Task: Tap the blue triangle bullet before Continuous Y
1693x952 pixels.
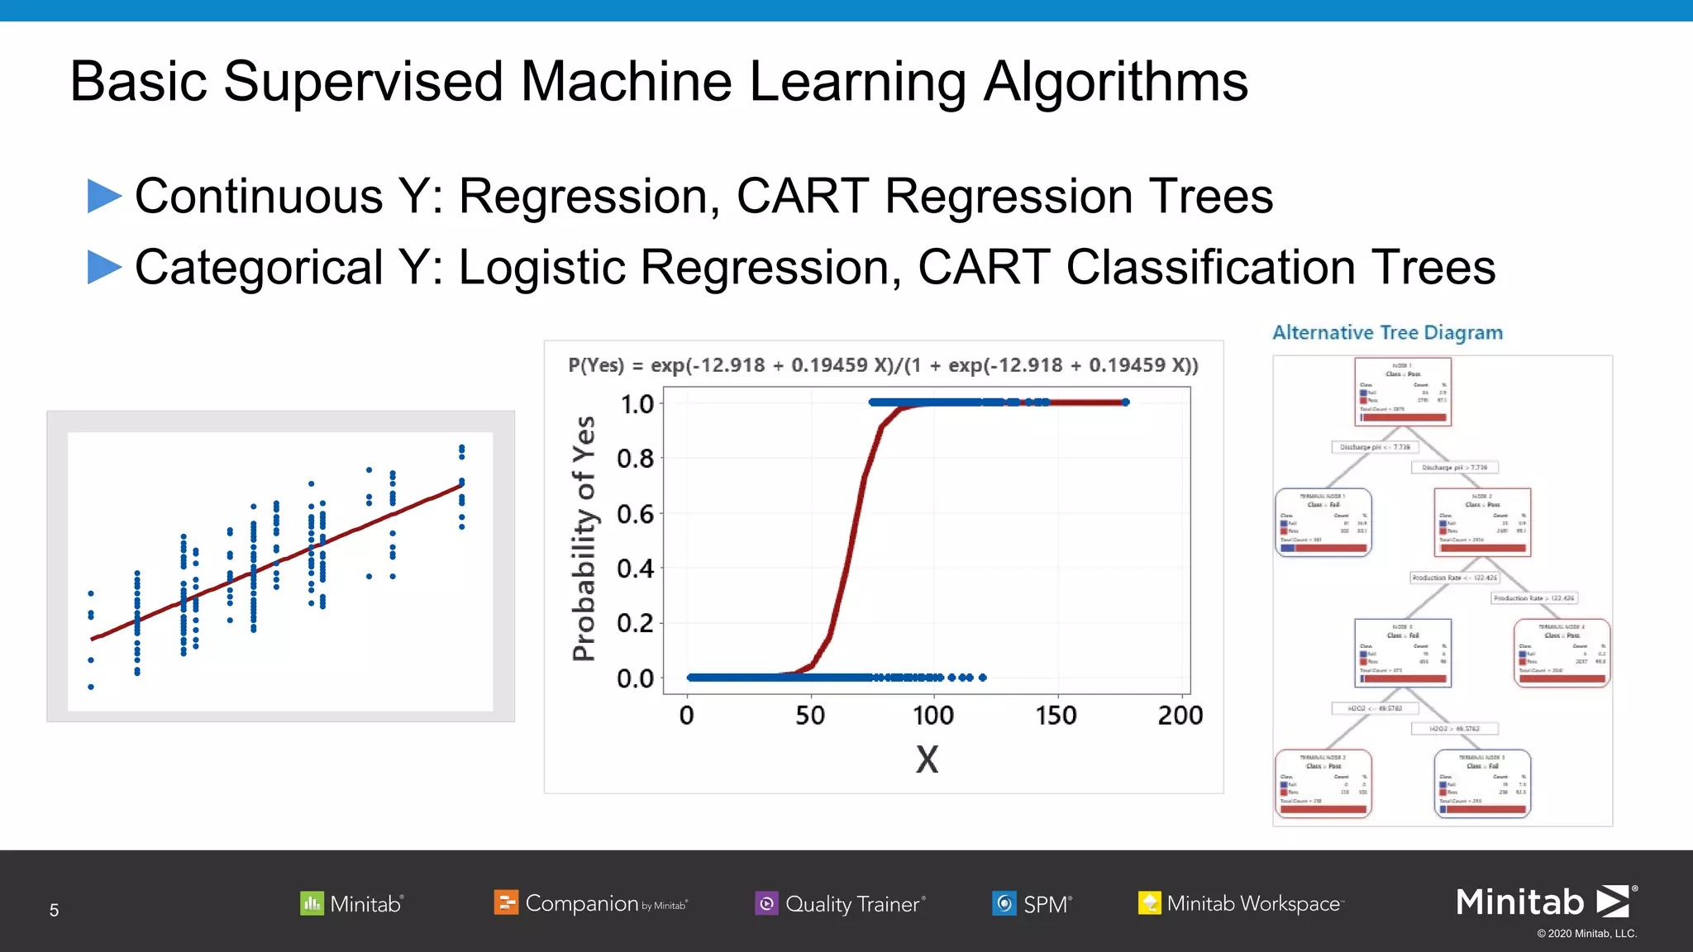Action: (104, 197)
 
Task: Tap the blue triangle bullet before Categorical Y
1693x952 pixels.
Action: (104, 268)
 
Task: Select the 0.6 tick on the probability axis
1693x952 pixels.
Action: (635, 514)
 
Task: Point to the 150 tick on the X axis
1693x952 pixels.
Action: (1056, 715)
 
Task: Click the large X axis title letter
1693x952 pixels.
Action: (927, 759)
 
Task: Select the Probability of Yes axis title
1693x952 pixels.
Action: (584, 538)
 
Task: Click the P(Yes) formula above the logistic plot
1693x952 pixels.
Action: (883, 365)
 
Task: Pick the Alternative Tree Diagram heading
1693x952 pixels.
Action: (1387, 332)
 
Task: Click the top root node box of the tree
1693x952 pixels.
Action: (1403, 391)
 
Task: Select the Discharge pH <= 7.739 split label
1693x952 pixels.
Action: (1375, 447)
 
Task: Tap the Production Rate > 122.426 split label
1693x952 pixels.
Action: (1534, 597)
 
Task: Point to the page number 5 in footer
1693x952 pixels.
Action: (54, 910)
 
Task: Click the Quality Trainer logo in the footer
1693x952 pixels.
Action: (840, 903)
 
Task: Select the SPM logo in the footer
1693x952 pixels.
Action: (1032, 903)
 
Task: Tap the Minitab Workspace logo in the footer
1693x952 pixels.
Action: (1240, 903)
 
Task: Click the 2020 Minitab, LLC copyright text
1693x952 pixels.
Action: (1586, 934)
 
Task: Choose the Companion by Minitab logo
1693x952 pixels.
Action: (590, 903)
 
